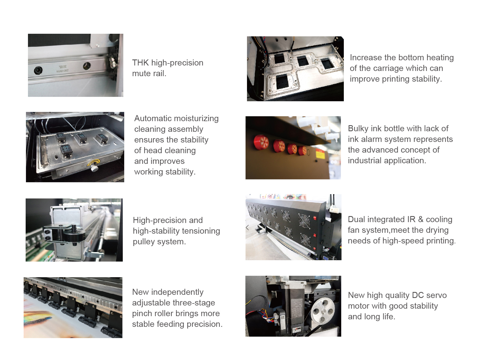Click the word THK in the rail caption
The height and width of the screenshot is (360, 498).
pyautogui.click(x=140, y=63)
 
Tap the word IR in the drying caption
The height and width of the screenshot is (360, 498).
pyautogui.click(x=411, y=219)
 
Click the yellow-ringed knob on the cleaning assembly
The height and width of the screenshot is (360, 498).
pyautogui.click(x=94, y=165)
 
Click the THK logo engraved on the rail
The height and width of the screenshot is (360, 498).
pyautogui.click(x=63, y=66)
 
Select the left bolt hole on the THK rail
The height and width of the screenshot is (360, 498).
pyautogui.click(x=38, y=70)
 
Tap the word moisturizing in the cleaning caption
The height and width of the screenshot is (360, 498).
pyautogui.click(x=197, y=119)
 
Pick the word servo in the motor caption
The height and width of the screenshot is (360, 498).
pyautogui.click(x=437, y=295)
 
